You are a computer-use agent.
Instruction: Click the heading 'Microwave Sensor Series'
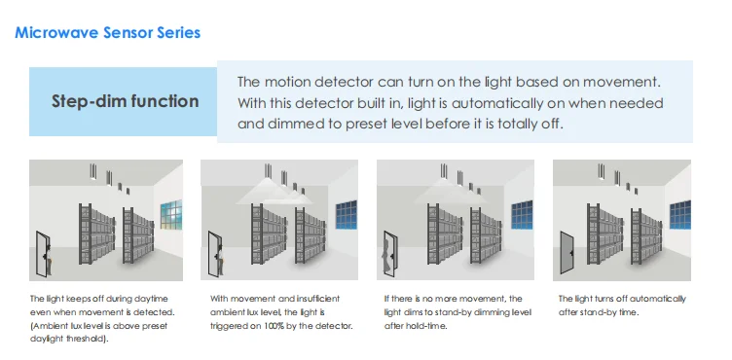coord(108,33)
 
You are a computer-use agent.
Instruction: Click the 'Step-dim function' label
coord(126,101)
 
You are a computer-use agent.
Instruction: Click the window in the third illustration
coord(517,213)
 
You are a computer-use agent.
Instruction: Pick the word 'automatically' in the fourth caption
coord(660,299)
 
